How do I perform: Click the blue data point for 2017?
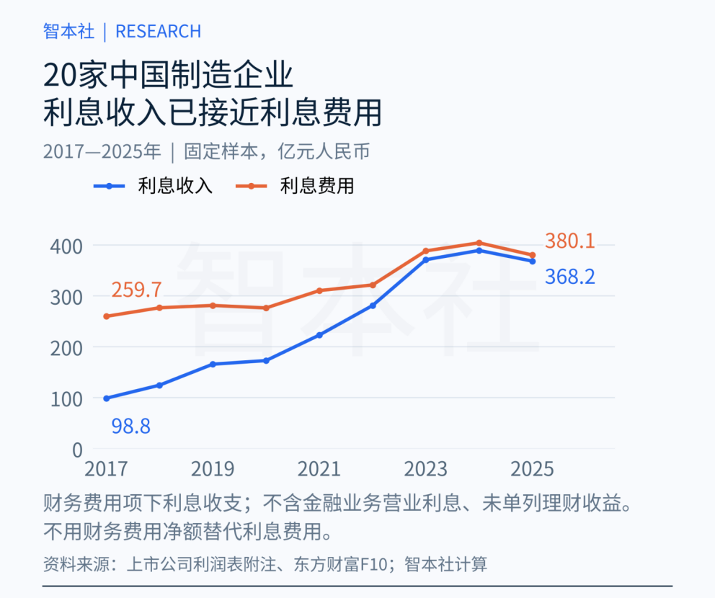click(x=107, y=398)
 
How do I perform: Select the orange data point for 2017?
click(x=107, y=316)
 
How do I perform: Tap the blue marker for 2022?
click(x=373, y=305)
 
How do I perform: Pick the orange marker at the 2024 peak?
click(x=479, y=243)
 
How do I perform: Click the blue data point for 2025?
click(x=532, y=261)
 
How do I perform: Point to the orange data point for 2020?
click(x=266, y=308)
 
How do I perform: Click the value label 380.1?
click(x=570, y=241)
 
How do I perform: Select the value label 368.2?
click(x=570, y=277)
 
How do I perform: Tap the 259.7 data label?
click(x=137, y=290)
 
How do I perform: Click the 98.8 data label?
click(x=131, y=427)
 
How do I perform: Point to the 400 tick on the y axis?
click(x=66, y=246)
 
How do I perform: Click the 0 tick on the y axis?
click(x=78, y=450)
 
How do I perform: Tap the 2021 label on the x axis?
click(x=319, y=469)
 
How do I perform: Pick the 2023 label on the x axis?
click(x=426, y=469)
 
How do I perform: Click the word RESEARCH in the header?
click(x=159, y=32)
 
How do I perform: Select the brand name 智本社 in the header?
click(x=69, y=32)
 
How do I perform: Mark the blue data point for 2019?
click(x=213, y=364)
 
